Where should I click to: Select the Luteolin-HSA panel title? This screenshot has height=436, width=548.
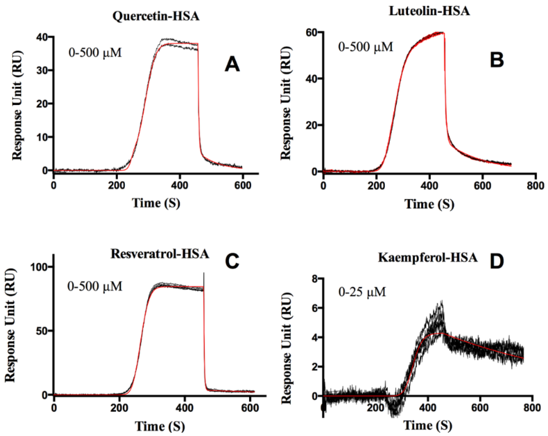click(x=429, y=11)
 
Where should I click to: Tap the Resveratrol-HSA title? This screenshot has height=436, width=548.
click(x=160, y=254)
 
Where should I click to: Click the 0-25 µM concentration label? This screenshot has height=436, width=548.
click(x=362, y=292)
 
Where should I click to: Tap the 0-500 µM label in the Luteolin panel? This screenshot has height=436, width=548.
click(x=366, y=47)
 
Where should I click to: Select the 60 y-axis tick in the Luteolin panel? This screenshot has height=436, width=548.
click(x=310, y=33)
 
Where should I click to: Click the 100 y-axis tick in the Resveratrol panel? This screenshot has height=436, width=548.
click(x=38, y=267)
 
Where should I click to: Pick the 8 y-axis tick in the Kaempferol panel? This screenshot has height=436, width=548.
click(x=315, y=279)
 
